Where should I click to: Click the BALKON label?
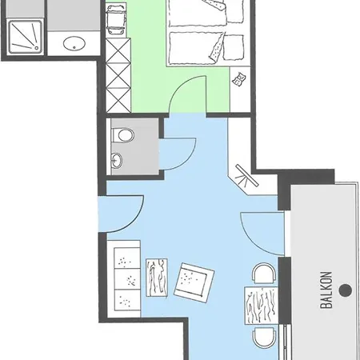click(326, 290)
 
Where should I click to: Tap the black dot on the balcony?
click(346, 290)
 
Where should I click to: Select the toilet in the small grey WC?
click(123, 135)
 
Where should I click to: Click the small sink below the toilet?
click(117, 161)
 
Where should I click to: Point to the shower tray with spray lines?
click(26, 37)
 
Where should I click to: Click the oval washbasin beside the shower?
click(74, 43)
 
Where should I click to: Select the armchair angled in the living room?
click(194, 282)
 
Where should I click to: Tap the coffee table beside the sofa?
click(157, 278)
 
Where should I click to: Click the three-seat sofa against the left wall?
click(124, 279)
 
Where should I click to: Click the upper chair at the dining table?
click(263, 273)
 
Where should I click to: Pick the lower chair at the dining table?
click(264, 338)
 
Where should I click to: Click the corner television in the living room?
click(246, 176)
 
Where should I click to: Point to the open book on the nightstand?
click(239, 79)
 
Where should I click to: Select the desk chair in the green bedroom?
click(116, 20)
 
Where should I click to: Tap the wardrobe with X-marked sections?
click(118, 75)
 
